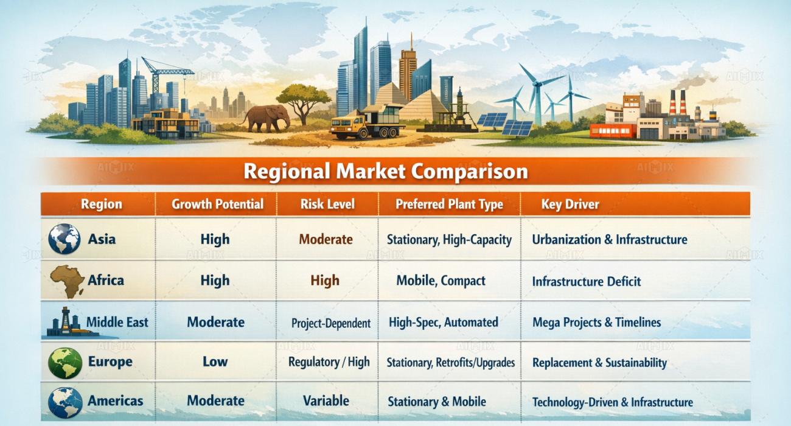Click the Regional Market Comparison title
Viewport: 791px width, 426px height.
coord(386,172)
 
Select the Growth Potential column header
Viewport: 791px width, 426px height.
coord(217,204)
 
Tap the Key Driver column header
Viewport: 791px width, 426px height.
coord(570,204)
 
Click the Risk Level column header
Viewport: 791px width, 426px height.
coord(327,204)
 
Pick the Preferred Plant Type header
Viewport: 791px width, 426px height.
coord(449,204)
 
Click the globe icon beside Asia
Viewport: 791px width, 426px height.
coord(64,239)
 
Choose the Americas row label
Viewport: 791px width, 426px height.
coord(115,401)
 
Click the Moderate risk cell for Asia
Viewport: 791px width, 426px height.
coord(326,240)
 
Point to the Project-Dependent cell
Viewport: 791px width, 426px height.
coord(330,323)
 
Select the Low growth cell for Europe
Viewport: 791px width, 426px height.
coord(215,362)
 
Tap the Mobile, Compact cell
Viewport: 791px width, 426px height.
coord(441,281)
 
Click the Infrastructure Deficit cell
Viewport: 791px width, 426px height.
coord(586,282)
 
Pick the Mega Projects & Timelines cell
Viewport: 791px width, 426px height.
coord(596,323)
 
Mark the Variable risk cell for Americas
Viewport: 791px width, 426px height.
coord(326,401)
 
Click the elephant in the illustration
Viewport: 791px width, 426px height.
coord(265,117)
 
